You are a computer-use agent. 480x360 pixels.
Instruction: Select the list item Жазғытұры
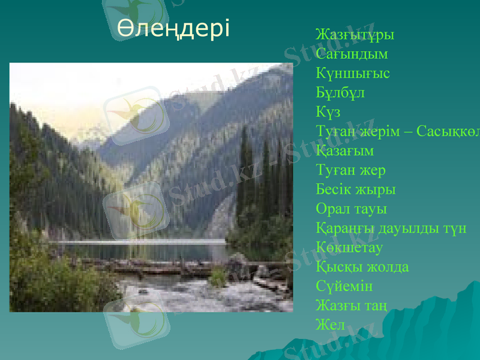pyautogui.click(x=355, y=34)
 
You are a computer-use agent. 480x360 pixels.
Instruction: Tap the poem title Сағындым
pyautogui.click(x=352, y=54)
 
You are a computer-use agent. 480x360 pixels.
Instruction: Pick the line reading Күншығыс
pyautogui.click(x=353, y=74)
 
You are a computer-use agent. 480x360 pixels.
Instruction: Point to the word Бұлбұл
pyautogui.click(x=340, y=93)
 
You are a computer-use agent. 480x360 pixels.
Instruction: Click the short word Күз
pyautogui.click(x=328, y=112)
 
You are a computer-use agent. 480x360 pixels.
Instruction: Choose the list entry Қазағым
pyautogui.click(x=344, y=151)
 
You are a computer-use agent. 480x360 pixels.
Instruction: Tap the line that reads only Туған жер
pyautogui.click(x=350, y=170)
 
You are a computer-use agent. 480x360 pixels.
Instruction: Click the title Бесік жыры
pyautogui.click(x=355, y=190)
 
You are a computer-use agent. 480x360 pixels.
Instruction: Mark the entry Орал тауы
pyautogui.click(x=351, y=209)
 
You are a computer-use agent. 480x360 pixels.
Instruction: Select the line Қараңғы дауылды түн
pyautogui.click(x=391, y=229)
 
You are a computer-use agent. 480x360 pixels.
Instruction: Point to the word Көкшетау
pyautogui.click(x=349, y=248)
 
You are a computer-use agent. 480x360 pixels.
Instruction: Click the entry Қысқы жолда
pyautogui.click(x=362, y=267)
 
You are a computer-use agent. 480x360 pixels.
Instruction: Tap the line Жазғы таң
pyautogui.click(x=351, y=306)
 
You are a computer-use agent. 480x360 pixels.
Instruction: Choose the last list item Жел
pyautogui.click(x=330, y=325)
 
